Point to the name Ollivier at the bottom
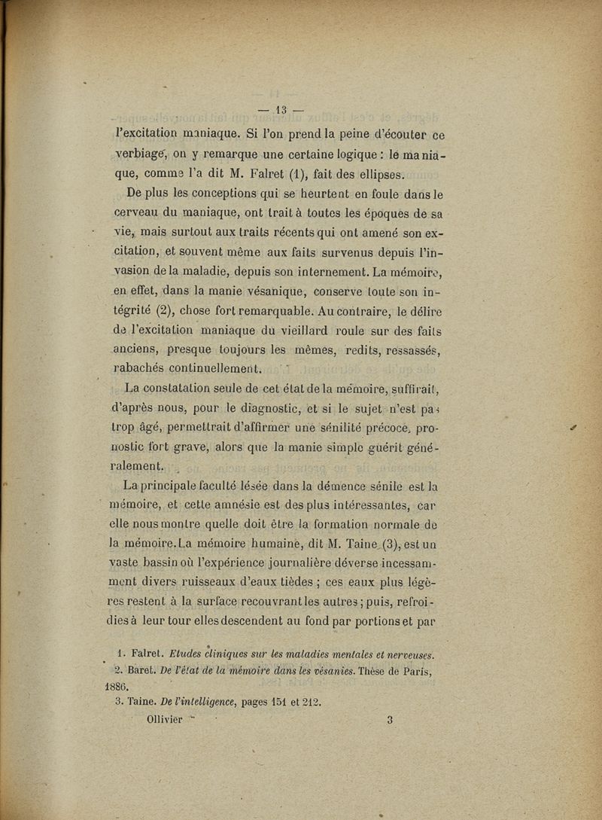(162, 719)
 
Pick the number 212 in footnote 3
(311, 703)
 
